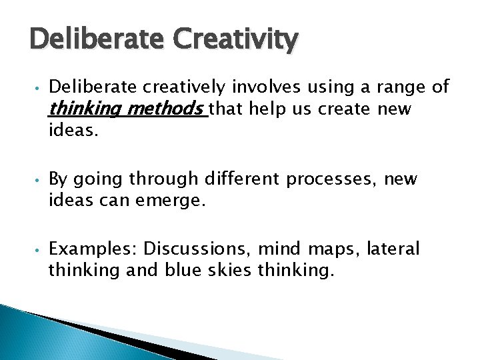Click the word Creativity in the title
pos(235,41)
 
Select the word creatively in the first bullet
pos(187,87)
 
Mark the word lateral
pos(397,249)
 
